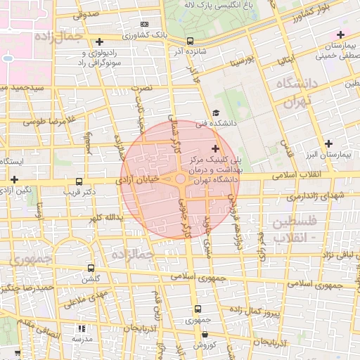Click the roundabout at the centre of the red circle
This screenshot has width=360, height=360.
pos(181,180)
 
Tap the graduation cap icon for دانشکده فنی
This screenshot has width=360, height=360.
pos(216,113)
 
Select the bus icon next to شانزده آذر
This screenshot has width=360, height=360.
pos(191,41)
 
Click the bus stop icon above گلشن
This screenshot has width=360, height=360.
pos(91,268)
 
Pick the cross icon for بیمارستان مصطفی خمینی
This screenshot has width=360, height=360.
pos(341,34)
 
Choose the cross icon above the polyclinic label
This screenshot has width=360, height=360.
pos(215,148)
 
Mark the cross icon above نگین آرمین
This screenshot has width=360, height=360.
pos(13,180)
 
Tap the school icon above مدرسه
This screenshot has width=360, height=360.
pos(82,328)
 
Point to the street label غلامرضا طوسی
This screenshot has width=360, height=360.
pos(43,121)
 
